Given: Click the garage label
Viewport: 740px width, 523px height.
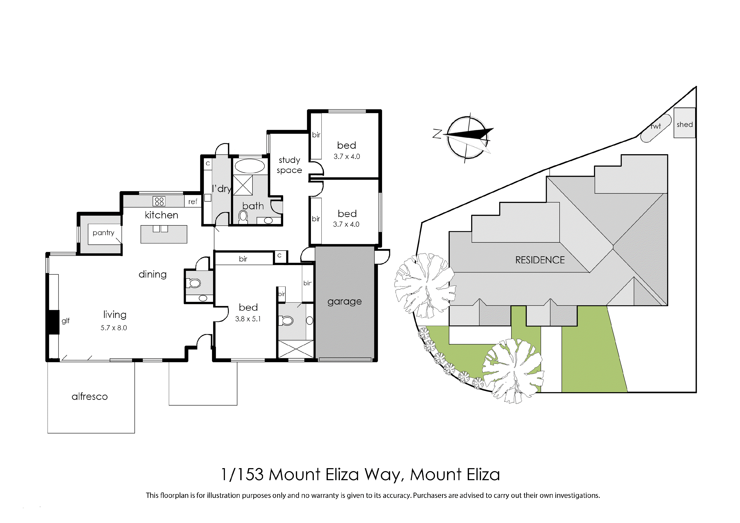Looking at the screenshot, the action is [x=344, y=302].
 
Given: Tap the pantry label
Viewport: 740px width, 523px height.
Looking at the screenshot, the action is [x=103, y=233].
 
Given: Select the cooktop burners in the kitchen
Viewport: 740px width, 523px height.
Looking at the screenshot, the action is [x=159, y=201].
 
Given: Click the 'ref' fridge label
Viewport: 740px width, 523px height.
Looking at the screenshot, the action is [x=193, y=201].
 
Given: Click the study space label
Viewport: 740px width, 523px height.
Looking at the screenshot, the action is [x=289, y=165].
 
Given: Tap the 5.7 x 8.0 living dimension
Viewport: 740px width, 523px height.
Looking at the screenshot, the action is [x=114, y=328].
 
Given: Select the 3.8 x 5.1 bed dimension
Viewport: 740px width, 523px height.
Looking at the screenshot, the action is [x=248, y=319].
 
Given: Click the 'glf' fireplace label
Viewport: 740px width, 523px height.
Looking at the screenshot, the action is [x=66, y=321].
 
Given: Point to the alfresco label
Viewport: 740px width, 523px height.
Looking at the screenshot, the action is [x=90, y=396].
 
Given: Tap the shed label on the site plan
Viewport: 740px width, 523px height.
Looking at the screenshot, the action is [x=685, y=124].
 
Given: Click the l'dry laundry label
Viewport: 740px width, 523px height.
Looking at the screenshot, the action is [x=221, y=189].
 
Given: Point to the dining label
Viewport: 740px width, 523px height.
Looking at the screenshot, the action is [x=153, y=274].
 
